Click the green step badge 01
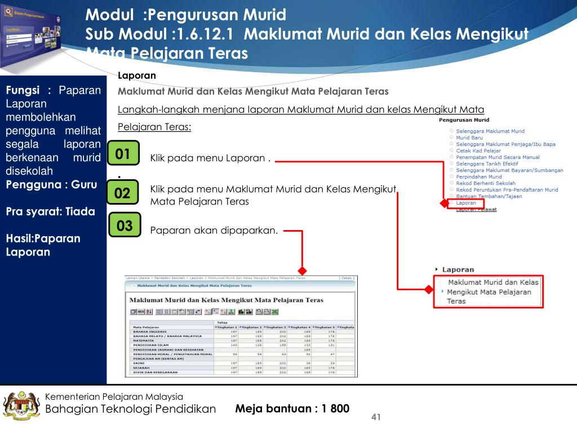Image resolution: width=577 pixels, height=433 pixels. [x=123, y=154]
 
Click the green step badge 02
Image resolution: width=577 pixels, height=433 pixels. [x=122, y=194]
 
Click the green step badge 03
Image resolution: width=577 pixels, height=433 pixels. [x=125, y=226]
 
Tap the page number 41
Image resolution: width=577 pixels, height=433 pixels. [x=376, y=417]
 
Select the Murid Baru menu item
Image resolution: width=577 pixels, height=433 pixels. [x=469, y=138]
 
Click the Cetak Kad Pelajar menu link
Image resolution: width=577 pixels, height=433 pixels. [x=478, y=151]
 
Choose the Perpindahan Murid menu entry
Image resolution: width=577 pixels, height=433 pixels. [x=478, y=176]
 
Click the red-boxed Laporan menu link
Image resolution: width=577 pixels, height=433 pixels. [x=466, y=203]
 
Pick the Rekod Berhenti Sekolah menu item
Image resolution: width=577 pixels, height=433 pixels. [x=485, y=183]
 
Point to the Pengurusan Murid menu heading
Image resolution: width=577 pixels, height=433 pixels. [x=464, y=120]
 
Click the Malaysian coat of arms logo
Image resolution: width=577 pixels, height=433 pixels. [x=21, y=405]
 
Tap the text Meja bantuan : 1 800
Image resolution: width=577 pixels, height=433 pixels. [x=292, y=408]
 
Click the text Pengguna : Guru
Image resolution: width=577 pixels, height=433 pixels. [x=51, y=184]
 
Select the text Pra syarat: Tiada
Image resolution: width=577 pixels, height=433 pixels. [x=50, y=212]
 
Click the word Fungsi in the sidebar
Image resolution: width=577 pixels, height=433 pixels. [x=23, y=90]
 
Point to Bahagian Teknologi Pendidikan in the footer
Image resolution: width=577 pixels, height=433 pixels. [x=130, y=409]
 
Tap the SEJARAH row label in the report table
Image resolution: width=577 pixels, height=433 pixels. [x=141, y=368]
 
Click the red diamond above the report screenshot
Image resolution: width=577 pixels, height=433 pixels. [x=303, y=270]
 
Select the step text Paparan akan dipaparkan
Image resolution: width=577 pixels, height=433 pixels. [x=214, y=230]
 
